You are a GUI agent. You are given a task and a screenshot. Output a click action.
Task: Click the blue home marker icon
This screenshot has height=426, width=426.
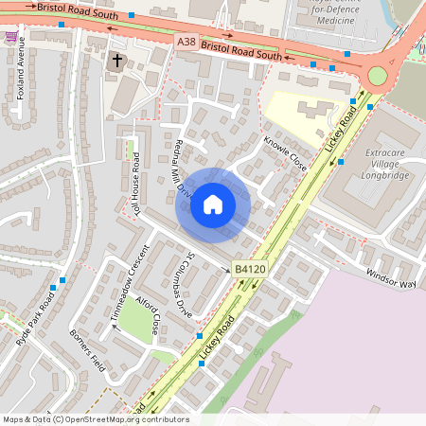click(213, 204)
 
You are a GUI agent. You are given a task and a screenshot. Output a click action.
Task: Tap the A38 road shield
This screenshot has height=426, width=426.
click(187, 43)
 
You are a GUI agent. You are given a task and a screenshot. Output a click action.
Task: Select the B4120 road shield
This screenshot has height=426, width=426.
click(247, 270)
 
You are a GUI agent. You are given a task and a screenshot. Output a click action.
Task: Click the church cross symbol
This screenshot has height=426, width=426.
click(117, 62)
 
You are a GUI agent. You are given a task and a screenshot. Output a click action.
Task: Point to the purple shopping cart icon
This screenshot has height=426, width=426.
click(10, 37)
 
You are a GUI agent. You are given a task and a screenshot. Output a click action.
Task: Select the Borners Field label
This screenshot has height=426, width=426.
click(86, 348)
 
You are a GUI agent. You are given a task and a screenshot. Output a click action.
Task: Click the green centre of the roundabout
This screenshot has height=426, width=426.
click(378, 76)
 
